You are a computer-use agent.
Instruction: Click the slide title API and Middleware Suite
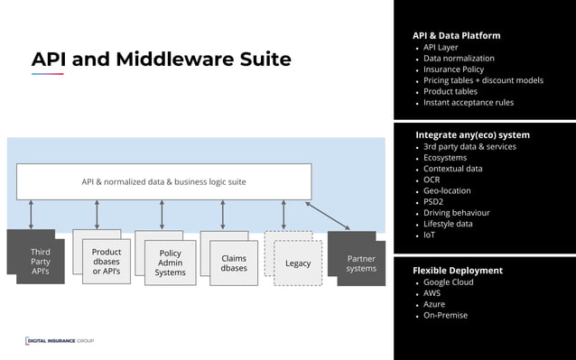161,60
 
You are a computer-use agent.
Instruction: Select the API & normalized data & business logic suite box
163,181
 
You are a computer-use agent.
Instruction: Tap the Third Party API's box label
40,262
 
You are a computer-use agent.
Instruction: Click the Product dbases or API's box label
107,262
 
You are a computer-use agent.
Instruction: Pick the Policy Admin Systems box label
170,263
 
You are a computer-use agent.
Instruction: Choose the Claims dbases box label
234,263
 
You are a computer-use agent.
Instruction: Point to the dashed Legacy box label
298,263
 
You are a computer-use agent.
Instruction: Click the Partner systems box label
361,263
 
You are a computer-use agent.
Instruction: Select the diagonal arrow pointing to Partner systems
328,215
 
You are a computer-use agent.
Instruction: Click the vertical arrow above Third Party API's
32,215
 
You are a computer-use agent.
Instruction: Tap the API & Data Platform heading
456,35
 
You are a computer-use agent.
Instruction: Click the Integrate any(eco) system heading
472,134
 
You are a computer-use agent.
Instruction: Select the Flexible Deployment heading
458,270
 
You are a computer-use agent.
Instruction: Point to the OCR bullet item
432,180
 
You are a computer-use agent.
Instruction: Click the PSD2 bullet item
434,202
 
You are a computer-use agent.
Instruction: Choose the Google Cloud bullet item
448,282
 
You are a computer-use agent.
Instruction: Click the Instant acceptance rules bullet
469,103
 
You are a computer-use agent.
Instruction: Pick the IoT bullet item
429,235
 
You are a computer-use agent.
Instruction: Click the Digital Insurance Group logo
60,340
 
